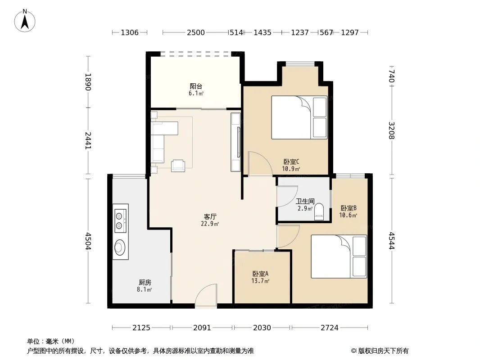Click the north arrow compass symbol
25,21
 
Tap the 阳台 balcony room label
196,86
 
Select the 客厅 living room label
210,216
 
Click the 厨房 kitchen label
145,282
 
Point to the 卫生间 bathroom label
305,201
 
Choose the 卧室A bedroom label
261,274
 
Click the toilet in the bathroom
319,211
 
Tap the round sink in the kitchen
120,247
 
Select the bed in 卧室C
299,118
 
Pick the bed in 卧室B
339,256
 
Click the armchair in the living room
178,166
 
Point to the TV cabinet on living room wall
235,142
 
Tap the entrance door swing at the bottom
206,295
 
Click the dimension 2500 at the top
196,32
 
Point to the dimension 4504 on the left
88,241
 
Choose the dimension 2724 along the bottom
330,328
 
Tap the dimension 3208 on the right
392,130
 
